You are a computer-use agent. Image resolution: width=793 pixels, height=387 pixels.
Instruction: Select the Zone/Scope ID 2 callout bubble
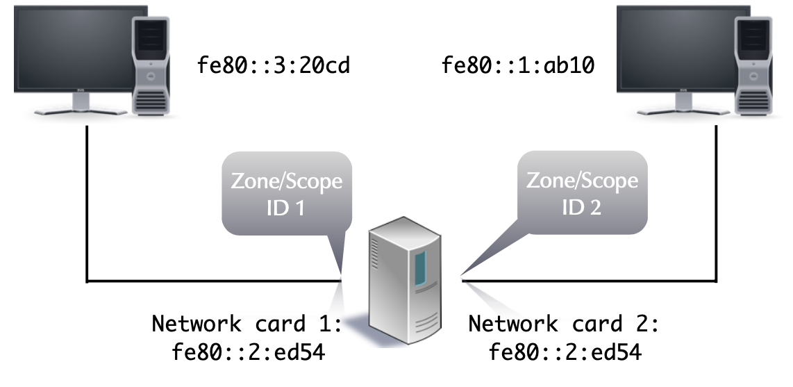(x=582, y=192)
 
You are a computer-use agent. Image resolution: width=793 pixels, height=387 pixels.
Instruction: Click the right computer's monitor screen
(x=677, y=45)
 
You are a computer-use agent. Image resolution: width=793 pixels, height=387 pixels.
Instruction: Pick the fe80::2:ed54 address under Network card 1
(x=248, y=353)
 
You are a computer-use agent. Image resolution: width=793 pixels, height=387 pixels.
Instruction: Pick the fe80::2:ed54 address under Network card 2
(x=565, y=353)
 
